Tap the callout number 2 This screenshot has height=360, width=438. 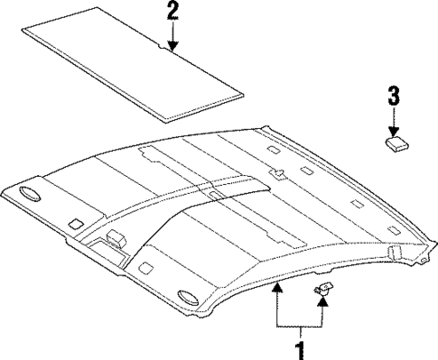[x=172, y=12]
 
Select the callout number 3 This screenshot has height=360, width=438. [x=394, y=93]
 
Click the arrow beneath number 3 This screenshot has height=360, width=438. [x=394, y=119]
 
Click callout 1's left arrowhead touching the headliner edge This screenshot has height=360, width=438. [x=275, y=286]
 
